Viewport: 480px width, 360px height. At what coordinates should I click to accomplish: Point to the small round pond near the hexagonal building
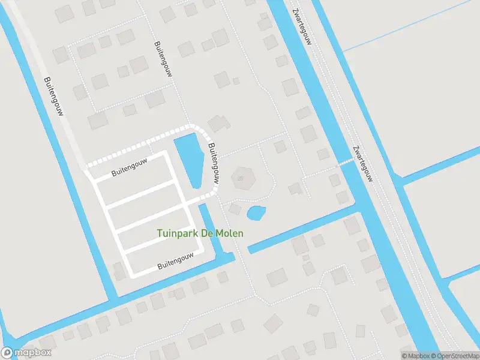(256, 212)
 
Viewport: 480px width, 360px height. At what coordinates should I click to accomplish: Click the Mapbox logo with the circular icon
(26, 353)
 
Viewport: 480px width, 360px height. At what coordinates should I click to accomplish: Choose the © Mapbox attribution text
(414, 356)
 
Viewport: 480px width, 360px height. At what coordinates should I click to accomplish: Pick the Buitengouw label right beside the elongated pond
(212, 163)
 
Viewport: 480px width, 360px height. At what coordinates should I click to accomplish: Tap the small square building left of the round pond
(235, 209)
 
